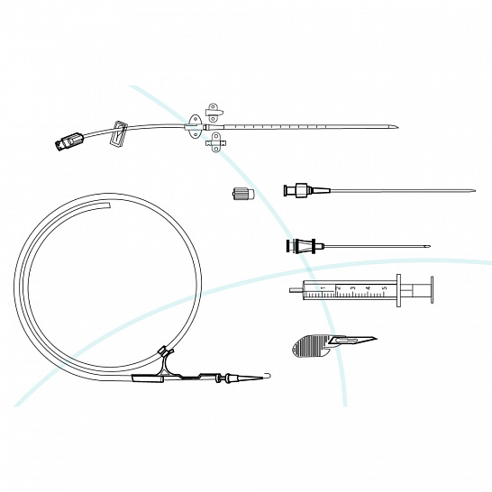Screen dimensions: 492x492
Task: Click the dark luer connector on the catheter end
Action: pyautogui.click(x=69, y=141)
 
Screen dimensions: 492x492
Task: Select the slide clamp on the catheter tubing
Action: pyautogui.click(x=118, y=133)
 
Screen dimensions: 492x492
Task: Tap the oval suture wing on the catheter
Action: pyautogui.click(x=195, y=126)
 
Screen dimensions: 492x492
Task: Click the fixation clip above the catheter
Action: pyautogui.click(x=214, y=113)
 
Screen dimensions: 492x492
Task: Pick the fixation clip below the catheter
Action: pyautogui.click(x=216, y=142)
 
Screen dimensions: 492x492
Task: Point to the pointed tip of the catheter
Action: pyautogui.click(x=396, y=128)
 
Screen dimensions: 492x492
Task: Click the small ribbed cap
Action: pyautogui.click(x=243, y=193)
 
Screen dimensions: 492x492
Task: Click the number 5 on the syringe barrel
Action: pyautogui.click(x=385, y=288)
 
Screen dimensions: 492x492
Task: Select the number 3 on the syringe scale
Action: pyautogui.click(x=353, y=288)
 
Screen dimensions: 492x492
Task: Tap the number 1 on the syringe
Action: pyautogui.click(x=324, y=288)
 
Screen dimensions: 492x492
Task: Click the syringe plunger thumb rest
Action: pyautogui.click(x=432, y=289)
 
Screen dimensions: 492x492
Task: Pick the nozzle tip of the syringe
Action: pyautogui.click(x=296, y=290)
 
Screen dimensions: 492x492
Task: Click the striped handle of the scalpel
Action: pyautogui.click(x=310, y=346)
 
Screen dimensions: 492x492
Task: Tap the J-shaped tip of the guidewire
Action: pyautogui.click(x=267, y=375)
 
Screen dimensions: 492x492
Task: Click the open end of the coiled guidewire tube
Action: pyautogui.click(x=109, y=205)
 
